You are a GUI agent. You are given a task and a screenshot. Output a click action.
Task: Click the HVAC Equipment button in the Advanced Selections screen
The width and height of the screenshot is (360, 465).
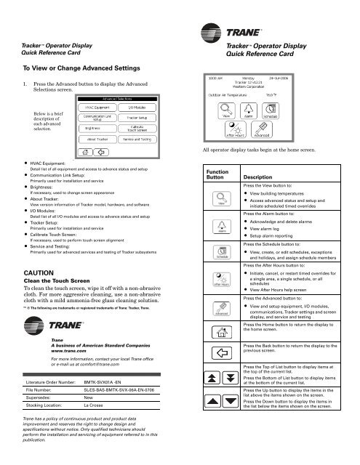click(x=97, y=107)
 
